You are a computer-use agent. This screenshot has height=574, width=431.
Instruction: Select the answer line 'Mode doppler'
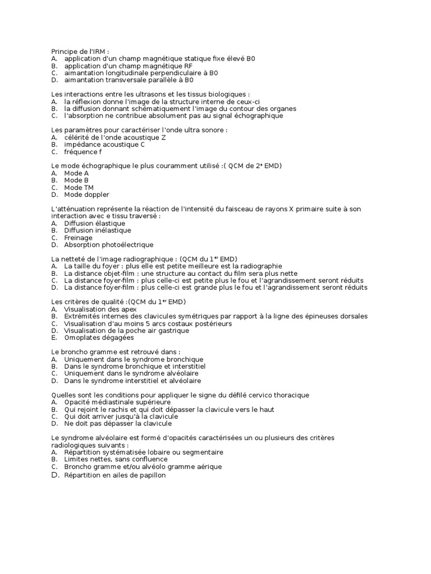click(x=86, y=195)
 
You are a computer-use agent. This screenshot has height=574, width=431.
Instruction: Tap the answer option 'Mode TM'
click(x=79, y=187)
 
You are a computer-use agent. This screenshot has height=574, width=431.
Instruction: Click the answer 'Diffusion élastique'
click(x=94, y=223)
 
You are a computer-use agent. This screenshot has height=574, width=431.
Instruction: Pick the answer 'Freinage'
click(x=78, y=238)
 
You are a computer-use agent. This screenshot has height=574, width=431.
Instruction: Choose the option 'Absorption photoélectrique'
click(x=108, y=245)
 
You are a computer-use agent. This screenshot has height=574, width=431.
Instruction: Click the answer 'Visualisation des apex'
click(x=99, y=309)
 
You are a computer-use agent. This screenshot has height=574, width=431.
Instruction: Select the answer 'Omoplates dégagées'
click(x=99, y=337)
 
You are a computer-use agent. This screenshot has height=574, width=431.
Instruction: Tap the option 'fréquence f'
click(x=83, y=152)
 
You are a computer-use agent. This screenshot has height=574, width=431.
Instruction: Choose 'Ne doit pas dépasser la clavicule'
click(x=118, y=424)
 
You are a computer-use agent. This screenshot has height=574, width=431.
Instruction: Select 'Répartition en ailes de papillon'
click(x=115, y=475)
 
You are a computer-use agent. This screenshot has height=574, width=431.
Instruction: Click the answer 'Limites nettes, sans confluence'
click(x=116, y=460)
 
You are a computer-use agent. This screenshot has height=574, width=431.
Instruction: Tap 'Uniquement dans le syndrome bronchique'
click(x=134, y=359)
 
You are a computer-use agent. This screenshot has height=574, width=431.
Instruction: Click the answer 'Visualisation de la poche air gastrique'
click(x=126, y=331)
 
